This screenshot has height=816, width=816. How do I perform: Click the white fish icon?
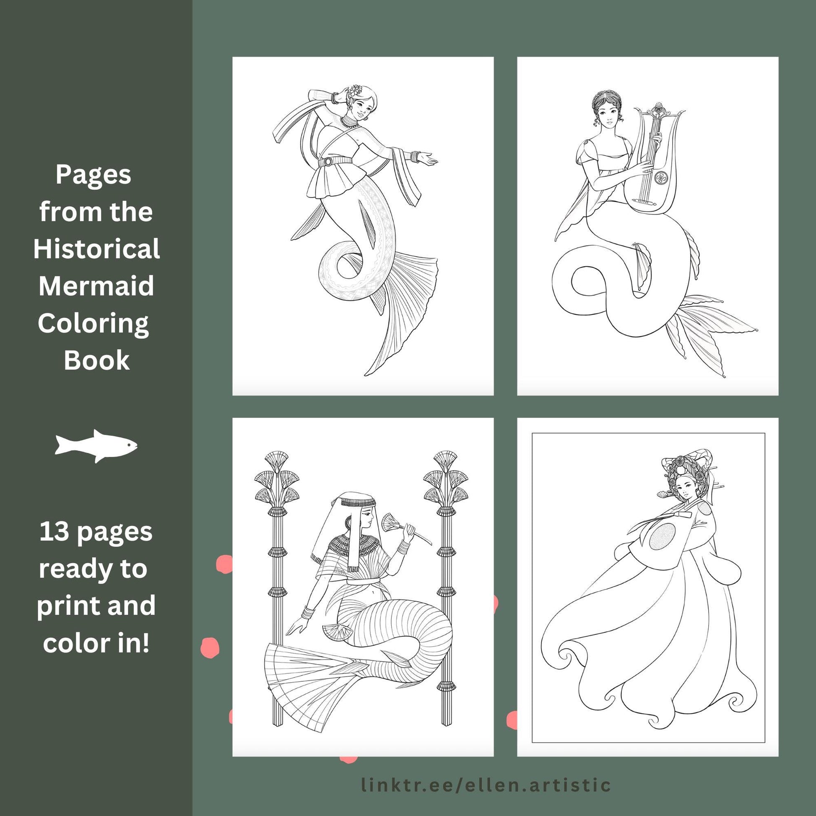pos(96,446)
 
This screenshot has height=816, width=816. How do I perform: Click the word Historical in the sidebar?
pos(97,249)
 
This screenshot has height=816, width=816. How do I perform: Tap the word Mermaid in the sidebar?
pos(96,286)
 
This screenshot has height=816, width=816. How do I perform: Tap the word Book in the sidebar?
pos(97,360)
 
